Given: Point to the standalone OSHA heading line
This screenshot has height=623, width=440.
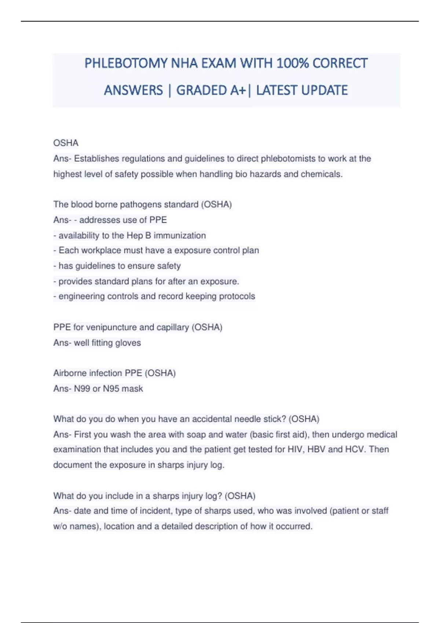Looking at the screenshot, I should coord(66,143).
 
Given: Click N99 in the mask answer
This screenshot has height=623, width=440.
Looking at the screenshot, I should coord(82,388).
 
